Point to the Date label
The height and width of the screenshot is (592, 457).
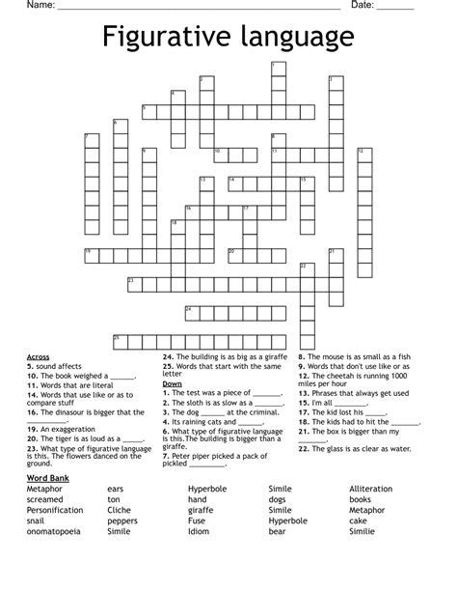click(362, 6)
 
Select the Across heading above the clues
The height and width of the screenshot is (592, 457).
click(39, 357)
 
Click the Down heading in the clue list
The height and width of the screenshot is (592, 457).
click(173, 384)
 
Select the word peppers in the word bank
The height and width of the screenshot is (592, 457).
click(122, 520)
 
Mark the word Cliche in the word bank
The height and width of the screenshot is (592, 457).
click(121, 510)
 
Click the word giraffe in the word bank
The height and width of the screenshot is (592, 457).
click(201, 510)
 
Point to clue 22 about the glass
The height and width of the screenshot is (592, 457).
click(355, 448)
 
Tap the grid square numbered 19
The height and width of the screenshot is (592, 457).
click(91, 255)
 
